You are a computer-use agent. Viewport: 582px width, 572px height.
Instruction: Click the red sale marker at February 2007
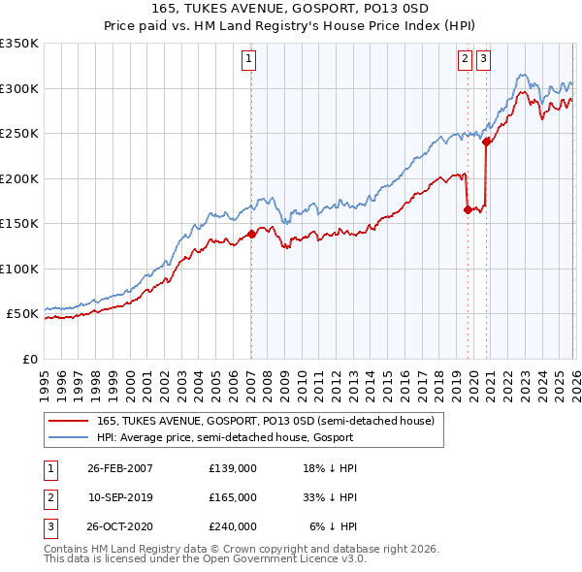pos(251,234)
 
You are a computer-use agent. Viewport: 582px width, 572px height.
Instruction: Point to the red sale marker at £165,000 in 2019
pos(468,209)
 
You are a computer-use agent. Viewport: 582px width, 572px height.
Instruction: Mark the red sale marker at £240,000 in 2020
pos(486,142)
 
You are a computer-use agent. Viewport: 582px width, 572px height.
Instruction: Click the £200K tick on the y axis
pos(19,178)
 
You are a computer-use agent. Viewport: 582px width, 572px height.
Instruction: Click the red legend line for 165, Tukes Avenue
pos(67,421)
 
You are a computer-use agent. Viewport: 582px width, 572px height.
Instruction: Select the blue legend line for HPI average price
pos(67,437)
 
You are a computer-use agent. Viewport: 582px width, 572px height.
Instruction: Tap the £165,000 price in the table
pos(232,496)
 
